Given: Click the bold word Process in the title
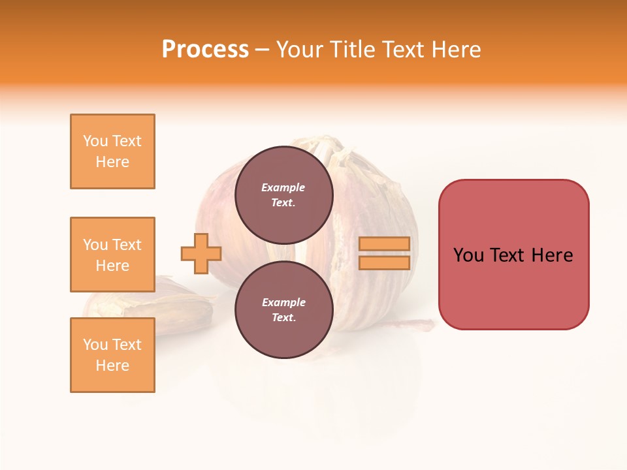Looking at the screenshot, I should pyautogui.click(x=205, y=50).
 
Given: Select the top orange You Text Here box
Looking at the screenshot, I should pyautogui.click(x=112, y=151).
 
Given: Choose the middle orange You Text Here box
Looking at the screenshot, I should pyautogui.click(x=112, y=255).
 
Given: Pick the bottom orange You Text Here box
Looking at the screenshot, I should pyautogui.click(x=112, y=355).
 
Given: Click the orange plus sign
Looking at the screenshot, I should pyautogui.click(x=201, y=253).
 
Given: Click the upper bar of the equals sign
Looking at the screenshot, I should pyautogui.click(x=385, y=243).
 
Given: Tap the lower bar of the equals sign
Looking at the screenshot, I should pyautogui.click(x=385, y=263).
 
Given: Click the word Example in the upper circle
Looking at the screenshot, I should pyautogui.click(x=283, y=187).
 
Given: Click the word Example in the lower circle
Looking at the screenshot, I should pyautogui.click(x=283, y=302).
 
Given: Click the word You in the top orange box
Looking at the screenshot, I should pyautogui.click(x=95, y=141).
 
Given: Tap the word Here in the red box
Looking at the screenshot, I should pyautogui.click(x=552, y=255).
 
